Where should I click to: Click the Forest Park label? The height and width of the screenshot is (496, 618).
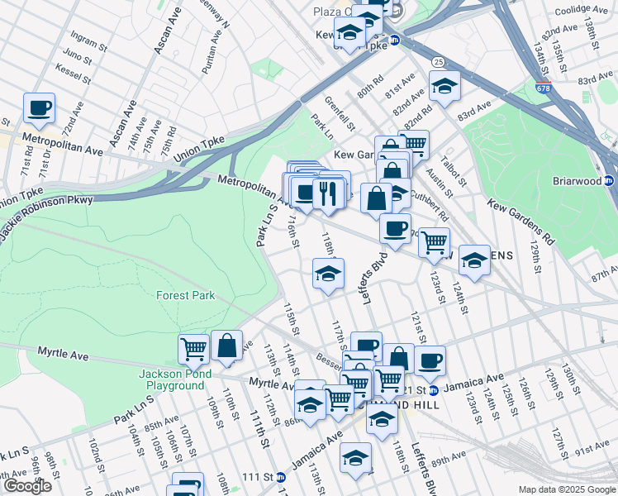[186, 295]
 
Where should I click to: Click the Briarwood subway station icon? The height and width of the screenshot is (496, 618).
[609, 181]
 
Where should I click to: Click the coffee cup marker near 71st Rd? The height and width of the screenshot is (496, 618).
[39, 107]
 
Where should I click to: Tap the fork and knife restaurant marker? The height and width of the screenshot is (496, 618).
[329, 193]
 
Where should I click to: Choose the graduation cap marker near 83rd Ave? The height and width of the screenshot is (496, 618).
[444, 86]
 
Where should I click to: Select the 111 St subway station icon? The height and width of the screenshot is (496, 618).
[281, 477]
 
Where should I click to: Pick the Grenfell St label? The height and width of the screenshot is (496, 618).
[340, 114]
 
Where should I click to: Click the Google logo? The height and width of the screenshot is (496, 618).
[26, 486]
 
